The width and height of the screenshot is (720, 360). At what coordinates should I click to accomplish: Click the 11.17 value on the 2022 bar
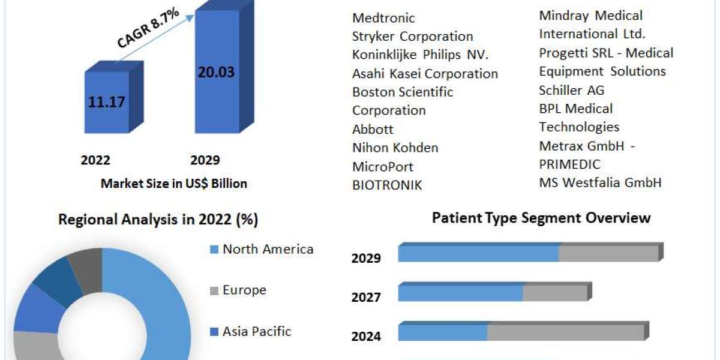[x=107, y=102]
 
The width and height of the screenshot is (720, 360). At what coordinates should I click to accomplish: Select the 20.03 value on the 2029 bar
[x=216, y=72]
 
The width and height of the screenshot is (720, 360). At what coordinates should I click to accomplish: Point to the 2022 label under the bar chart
[x=95, y=160]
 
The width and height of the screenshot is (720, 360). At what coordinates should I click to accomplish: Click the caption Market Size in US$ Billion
[x=174, y=184]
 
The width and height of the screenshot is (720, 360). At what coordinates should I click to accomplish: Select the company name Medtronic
[x=383, y=18]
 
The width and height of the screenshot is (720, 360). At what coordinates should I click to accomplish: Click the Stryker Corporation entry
[x=413, y=37]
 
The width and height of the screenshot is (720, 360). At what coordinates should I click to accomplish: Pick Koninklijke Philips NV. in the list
[x=421, y=55]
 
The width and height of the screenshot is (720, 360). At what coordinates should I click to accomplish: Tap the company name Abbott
[x=373, y=129]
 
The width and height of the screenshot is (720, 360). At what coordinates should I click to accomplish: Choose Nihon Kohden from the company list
[x=395, y=148]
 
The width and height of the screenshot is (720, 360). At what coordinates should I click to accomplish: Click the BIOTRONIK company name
[x=387, y=185]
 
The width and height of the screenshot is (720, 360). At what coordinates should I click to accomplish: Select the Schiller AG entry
[x=572, y=90]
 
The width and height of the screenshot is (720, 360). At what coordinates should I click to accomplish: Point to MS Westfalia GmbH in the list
[x=601, y=182]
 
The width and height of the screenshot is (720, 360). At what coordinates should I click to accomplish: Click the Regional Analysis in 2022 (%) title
[x=158, y=220]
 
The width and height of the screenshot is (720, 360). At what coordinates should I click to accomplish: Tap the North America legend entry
[x=268, y=249]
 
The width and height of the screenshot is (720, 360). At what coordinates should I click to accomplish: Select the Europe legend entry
[x=244, y=290]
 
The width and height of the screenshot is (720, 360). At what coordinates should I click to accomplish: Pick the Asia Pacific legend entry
[x=257, y=331]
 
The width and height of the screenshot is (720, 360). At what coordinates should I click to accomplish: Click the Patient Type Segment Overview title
[x=541, y=218]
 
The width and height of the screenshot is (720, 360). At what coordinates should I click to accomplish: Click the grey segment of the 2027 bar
[x=554, y=293]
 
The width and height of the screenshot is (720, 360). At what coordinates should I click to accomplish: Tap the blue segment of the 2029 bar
[x=478, y=253]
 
